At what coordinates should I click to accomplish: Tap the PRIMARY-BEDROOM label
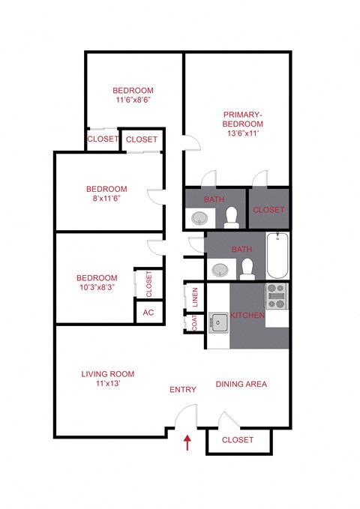[243, 119]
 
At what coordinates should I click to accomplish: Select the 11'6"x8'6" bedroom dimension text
[134, 100]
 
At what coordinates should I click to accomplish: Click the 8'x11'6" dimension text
[106, 199]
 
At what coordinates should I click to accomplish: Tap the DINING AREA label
[241, 384]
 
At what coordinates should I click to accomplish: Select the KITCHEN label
[247, 316]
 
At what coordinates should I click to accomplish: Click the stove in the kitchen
[277, 296]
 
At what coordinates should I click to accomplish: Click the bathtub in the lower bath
[277, 256]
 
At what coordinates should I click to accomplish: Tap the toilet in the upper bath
[232, 217]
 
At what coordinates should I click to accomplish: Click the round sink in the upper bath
[199, 218]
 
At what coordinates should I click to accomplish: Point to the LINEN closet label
[195, 298]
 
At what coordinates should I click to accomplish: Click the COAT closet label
[194, 322]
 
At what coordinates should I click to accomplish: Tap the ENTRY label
[183, 389]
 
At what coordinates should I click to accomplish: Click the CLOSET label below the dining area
[238, 439]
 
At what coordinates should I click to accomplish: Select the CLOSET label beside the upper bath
[268, 210]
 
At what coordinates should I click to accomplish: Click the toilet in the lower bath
[246, 267]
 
